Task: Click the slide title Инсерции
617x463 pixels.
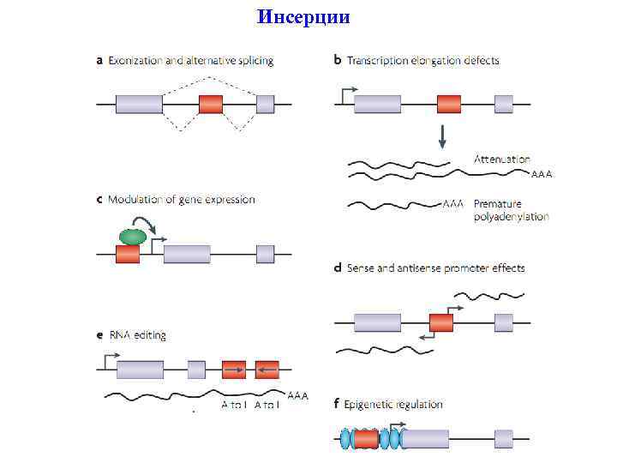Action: click(303, 17)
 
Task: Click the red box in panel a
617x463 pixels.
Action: click(211, 105)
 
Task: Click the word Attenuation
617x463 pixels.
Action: click(502, 159)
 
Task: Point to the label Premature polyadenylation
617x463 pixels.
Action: click(511, 210)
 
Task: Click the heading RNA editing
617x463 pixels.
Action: click(137, 335)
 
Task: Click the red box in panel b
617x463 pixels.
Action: click(448, 105)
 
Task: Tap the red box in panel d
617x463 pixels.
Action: click(441, 322)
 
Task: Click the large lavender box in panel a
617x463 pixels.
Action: click(140, 105)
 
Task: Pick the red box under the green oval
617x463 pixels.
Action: click(128, 254)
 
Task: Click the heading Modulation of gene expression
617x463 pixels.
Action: click(181, 200)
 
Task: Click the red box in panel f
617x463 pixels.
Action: click(366, 439)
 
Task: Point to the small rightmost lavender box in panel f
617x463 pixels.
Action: click(503, 439)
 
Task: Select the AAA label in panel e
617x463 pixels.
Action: click(297, 395)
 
